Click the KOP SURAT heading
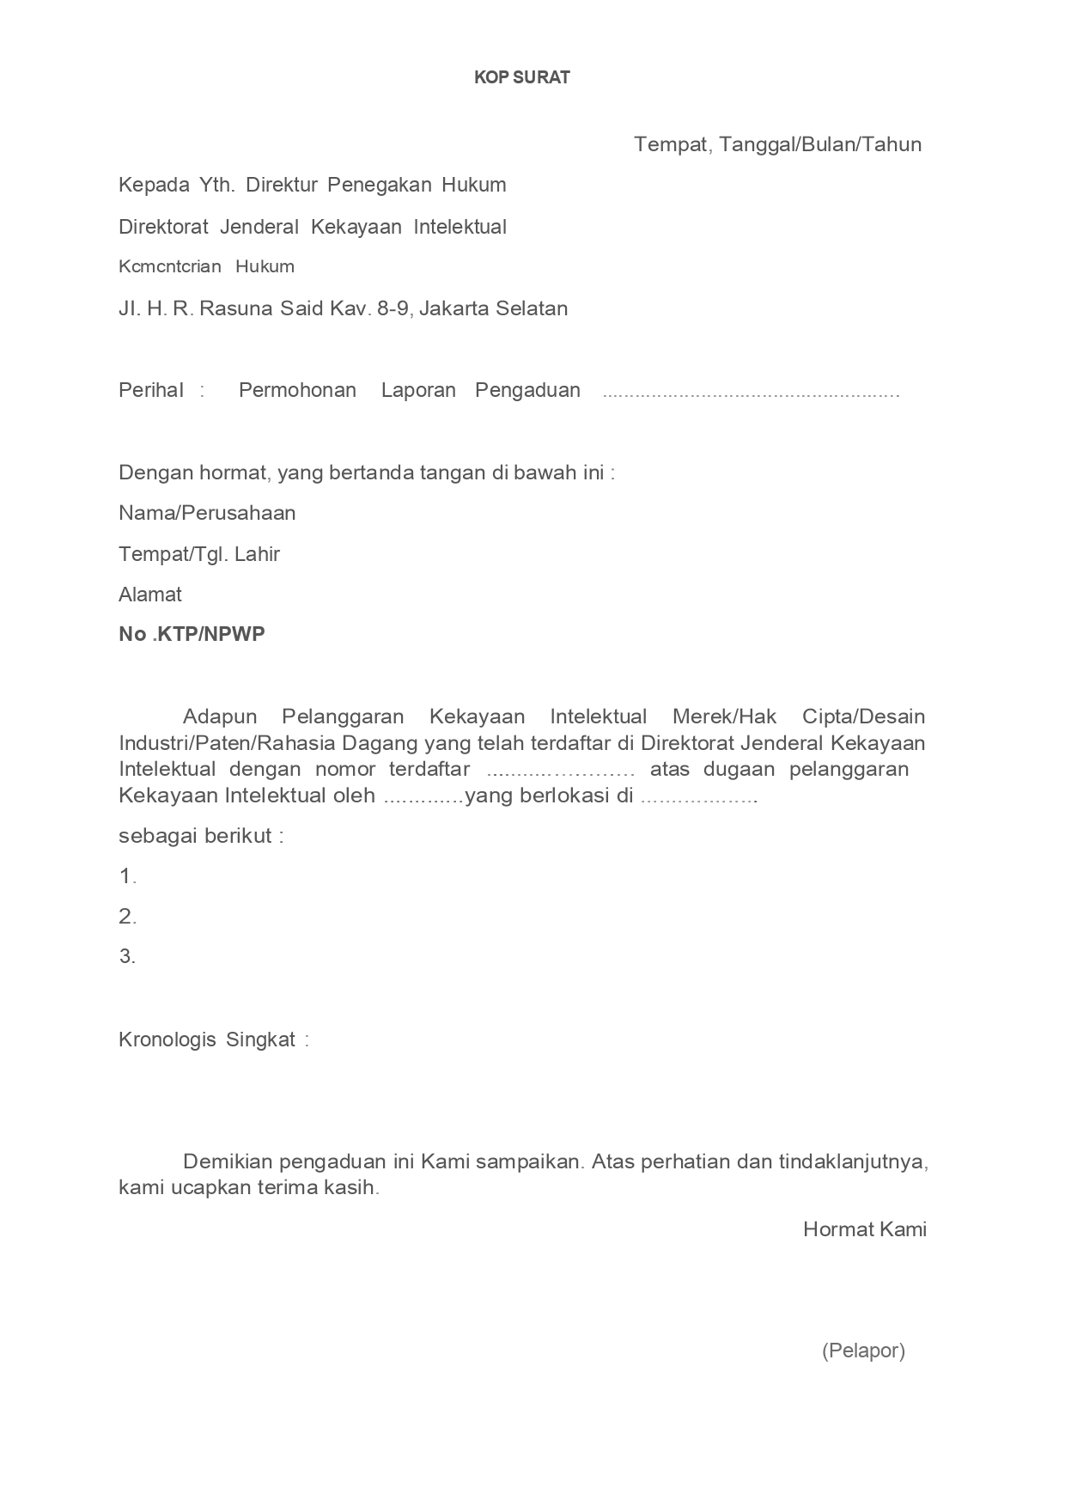tap(522, 77)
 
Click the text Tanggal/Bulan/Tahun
tap(820, 144)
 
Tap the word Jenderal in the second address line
tap(259, 227)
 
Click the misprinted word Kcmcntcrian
tap(170, 266)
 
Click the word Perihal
tap(151, 390)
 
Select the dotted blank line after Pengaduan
tap(751, 393)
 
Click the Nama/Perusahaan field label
tap(207, 513)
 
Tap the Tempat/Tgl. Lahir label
tap(199, 554)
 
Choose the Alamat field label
tap(150, 594)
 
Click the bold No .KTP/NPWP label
tap(192, 634)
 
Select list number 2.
tap(128, 917)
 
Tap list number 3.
tap(128, 956)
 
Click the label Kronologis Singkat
tap(207, 1040)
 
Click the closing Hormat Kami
tap(865, 1229)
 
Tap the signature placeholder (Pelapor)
tap(863, 1351)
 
